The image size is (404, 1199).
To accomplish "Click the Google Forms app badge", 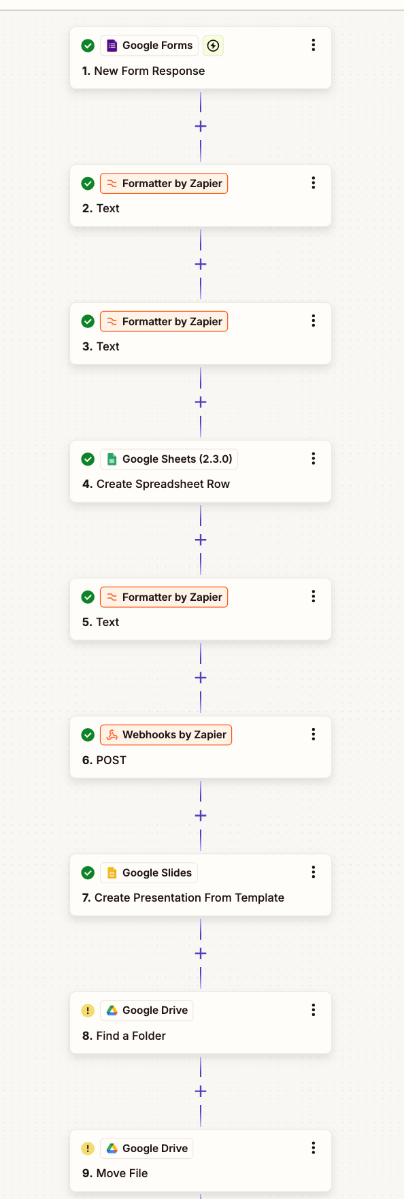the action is click(150, 46).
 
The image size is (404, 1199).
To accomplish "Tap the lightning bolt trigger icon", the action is click(213, 46).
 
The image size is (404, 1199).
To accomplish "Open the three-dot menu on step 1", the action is click(314, 45).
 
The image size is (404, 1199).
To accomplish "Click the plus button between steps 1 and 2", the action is click(201, 127).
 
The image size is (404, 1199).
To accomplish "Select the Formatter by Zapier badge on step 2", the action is click(164, 184).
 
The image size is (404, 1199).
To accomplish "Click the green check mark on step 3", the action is click(88, 321).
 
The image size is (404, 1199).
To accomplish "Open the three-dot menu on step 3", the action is click(314, 321).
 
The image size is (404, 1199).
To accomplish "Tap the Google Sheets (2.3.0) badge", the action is click(169, 459).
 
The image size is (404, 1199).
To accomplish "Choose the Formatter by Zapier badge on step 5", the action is click(164, 597).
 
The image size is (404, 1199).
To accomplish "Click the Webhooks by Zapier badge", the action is click(166, 735).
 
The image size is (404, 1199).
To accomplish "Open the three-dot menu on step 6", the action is click(314, 734).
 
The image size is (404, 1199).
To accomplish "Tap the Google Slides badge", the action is click(149, 873).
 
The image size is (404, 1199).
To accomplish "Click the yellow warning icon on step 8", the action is click(88, 1011).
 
